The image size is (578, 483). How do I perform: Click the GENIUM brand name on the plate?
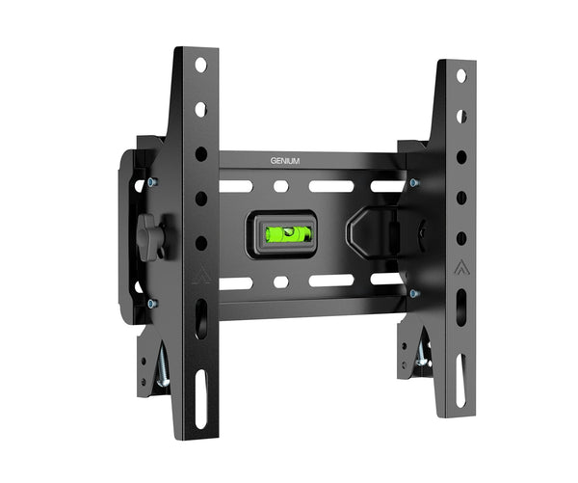point(285,161)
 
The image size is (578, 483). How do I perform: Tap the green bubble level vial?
point(289,234)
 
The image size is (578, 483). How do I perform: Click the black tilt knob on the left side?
point(150,237)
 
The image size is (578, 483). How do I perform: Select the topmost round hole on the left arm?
point(201,65)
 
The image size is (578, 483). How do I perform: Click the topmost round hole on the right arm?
point(461,76)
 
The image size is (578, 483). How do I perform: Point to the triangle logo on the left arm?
point(201,276)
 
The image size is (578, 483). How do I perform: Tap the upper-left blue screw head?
point(152,181)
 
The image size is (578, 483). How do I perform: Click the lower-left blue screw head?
point(152,304)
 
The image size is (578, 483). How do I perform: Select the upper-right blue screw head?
point(414,182)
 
